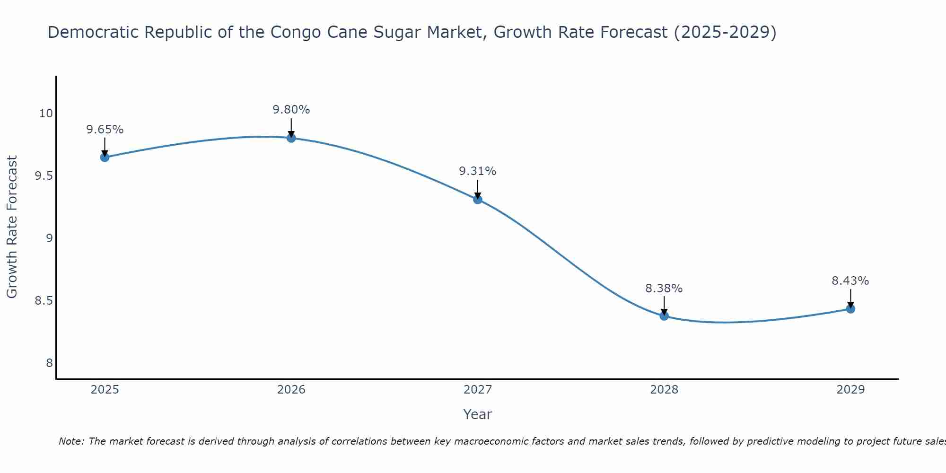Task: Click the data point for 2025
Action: (105, 157)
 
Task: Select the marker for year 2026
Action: (291, 138)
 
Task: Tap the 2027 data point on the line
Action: (478, 199)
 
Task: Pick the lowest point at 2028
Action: (664, 315)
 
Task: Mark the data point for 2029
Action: (850, 309)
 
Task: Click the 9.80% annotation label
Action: (291, 110)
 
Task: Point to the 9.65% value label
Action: (105, 130)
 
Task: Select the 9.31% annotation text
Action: (478, 171)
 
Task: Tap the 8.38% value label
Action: (664, 289)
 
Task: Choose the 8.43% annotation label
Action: (850, 281)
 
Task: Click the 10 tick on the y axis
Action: (46, 114)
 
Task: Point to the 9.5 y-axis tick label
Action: (44, 176)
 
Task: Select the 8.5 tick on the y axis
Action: (44, 301)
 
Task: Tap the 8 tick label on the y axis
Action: (49, 363)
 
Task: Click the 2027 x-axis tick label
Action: (478, 390)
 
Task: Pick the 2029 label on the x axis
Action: (850, 390)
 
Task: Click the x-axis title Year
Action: (478, 414)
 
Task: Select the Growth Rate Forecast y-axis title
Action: (12, 227)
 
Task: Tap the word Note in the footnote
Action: (71, 441)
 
